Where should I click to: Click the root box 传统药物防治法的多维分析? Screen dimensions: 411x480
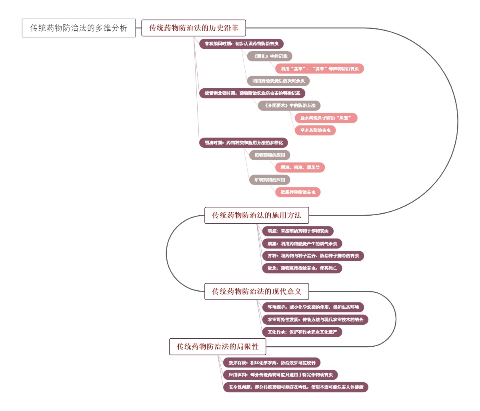pyautogui.click(x=79, y=28)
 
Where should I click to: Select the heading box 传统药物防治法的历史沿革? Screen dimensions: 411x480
pyautogui.click(x=194, y=28)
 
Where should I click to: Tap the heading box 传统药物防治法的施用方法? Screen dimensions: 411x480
pyautogui.click(x=256, y=215)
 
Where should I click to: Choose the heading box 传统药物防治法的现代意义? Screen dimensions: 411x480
pyautogui.click(x=256, y=292)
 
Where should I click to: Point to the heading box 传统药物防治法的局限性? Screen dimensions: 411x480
pyautogui.click(x=218, y=347)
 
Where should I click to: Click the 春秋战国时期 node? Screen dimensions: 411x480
pyautogui.click(x=241, y=44)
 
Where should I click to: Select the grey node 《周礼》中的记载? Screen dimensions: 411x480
pyautogui.click(x=270, y=56)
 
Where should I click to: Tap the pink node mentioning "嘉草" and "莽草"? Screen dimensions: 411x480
pyautogui.click(x=320, y=69)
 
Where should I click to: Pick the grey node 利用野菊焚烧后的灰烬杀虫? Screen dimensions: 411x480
pyautogui.click(x=278, y=81)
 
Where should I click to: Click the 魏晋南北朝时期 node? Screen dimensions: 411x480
pyautogui.click(x=252, y=93)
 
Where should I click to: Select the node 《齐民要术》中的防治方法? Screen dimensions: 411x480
pyautogui.click(x=289, y=106)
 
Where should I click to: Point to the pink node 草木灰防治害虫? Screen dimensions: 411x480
pyautogui.click(x=315, y=130)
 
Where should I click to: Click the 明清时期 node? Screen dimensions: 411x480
pyautogui.click(x=243, y=143)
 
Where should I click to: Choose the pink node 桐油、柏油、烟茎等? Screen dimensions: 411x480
pyautogui.click(x=300, y=167)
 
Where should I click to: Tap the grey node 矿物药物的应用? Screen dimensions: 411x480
pyautogui.click(x=270, y=180)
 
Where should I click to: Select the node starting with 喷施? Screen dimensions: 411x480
pyautogui.click(x=298, y=231)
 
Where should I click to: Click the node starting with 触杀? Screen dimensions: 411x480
pyautogui.click(x=302, y=268)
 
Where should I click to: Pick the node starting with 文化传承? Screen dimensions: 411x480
pyautogui.click(x=302, y=332)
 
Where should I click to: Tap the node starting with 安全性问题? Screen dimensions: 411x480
pyautogui.click(x=296, y=387)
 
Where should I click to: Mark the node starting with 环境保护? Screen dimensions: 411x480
pyautogui.click(x=313, y=307)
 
